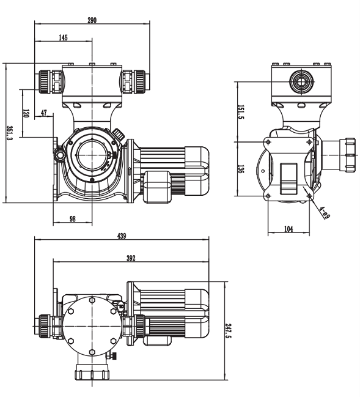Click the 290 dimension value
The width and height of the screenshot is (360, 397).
point(92,20)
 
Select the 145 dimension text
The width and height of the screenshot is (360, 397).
point(64,38)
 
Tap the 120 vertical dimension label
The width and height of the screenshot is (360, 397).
point(26,114)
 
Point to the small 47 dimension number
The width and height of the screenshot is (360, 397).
point(44,113)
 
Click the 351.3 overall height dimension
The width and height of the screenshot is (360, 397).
point(9,132)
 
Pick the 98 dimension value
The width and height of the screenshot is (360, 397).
point(72,218)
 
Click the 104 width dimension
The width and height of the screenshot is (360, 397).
point(288,229)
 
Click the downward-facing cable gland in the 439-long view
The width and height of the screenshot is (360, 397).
point(92,373)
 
